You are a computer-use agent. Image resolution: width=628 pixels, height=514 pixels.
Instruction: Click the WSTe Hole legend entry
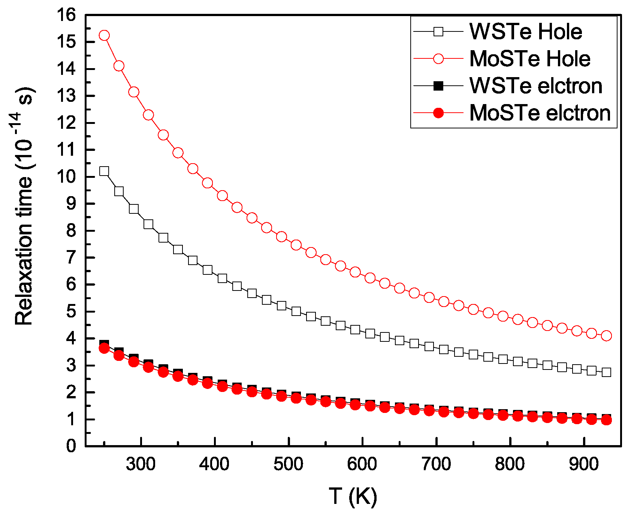[x=525, y=32]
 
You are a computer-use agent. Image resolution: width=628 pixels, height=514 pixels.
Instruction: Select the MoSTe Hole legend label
[x=530, y=59]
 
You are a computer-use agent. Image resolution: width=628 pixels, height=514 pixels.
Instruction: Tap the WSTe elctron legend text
[x=536, y=86]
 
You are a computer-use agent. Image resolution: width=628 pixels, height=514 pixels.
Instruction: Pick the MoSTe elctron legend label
[x=540, y=113]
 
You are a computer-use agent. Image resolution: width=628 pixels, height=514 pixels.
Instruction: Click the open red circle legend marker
[x=438, y=59]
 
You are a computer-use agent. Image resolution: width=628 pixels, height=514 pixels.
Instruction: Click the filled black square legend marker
[x=438, y=86]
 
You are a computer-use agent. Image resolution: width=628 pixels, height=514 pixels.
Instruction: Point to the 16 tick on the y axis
[x=66, y=15]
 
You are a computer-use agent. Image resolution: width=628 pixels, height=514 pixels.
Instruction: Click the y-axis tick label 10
[x=66, y=177]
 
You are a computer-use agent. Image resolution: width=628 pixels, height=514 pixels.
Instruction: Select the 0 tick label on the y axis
[x=71, y=446]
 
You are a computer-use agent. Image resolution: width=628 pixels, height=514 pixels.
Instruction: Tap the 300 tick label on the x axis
[x=141, y=464]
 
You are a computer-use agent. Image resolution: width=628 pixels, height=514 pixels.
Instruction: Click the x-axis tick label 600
[x=362, y=464]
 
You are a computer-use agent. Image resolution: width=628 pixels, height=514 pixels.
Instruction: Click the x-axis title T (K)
[x=353, y=496]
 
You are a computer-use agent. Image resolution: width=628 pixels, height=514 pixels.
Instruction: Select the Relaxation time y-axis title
[x=25, y=206]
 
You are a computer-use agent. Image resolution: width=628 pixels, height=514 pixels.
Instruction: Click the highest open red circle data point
[x=104, y=36]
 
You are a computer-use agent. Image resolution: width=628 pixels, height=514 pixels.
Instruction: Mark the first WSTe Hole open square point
[x=104, y=171]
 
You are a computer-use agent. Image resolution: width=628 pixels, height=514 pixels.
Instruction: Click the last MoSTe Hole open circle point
[x=606, y=336]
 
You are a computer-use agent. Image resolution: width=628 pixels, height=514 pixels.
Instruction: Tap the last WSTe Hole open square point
[x=606, y=372]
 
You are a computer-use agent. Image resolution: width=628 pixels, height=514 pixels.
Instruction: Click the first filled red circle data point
[x=104, y=348]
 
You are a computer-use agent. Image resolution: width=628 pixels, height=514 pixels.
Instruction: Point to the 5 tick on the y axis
[x=71, y=311]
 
